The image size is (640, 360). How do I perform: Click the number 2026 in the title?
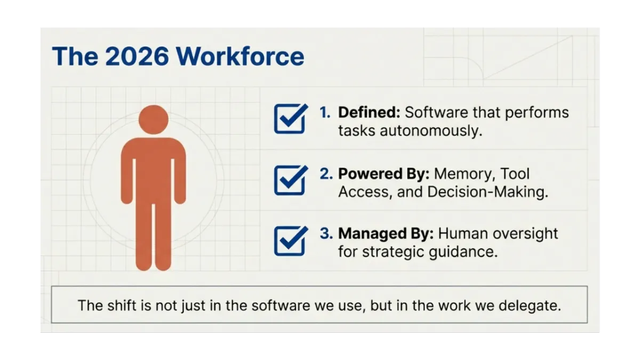tap(137, 57)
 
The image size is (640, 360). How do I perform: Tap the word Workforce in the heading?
tap(240, 57)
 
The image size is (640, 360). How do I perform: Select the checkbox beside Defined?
tap(291, 118)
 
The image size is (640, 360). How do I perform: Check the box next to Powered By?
tap(291, 180)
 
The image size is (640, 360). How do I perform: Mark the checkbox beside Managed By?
tap(291, 241)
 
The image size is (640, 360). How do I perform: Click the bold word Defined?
tap(369, 113)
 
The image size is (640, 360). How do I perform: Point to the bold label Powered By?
tap(383, 174)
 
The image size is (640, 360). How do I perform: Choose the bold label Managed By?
tap(386, 234)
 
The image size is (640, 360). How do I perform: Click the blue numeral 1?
tap(325, 113)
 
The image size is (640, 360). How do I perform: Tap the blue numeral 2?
tap(326, 174)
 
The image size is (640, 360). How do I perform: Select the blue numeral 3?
tap(326, 234)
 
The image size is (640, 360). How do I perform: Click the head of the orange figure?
tap(154, 119)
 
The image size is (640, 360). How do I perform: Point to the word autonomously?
tap(431, 131)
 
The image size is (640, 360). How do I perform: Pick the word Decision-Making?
tap(487, 191)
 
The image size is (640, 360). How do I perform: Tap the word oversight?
tap(525, 234)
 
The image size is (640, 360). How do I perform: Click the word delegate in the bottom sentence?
tap(530, 306)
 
